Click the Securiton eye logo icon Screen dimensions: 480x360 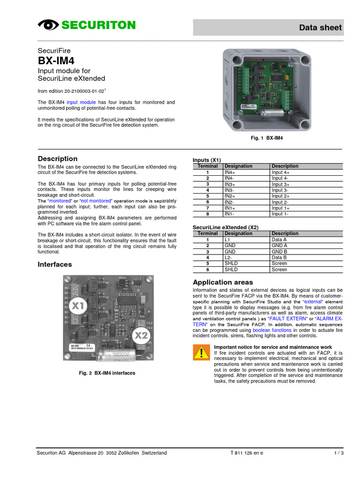[x=47, y=25]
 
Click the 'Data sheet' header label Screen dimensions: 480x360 [x=321, y=28]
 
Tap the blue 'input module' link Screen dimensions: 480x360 [x=81, y=102]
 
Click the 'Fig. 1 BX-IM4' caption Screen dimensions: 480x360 [x=267, y=139]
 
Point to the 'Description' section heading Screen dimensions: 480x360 [x=58, y=159]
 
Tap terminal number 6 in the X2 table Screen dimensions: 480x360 [x=207, y=270]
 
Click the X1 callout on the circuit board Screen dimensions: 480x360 [x=79, y=306]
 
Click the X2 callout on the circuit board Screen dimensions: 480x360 [x=141, y=335]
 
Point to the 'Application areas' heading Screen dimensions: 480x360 [x=223, y=282]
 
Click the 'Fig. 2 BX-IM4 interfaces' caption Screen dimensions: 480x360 [x=107, y=373]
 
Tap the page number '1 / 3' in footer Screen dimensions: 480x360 [x=338, y=453]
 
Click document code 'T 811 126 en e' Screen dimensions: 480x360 [x=247, y=453]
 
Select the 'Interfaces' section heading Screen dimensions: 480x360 [x=55, y=264]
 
